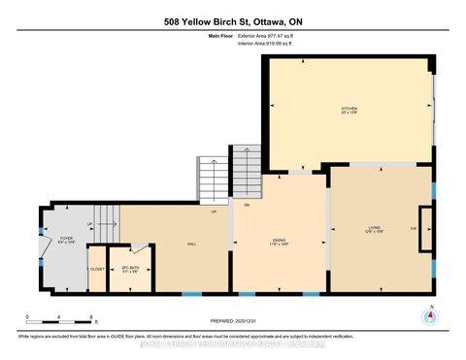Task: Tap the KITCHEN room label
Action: click(x=349, y=110)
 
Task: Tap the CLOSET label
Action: click(x=97, y=269)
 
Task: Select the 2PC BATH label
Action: click(x=131, y=270)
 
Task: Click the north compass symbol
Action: click(x=428, y=316)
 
